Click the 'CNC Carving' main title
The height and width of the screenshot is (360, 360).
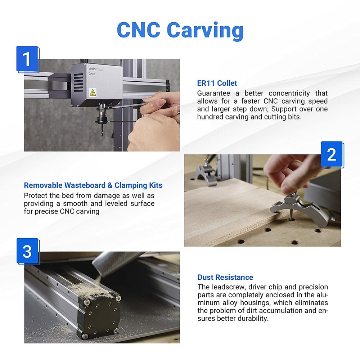tap(180, 30)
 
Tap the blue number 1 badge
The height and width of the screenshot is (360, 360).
tap(27, 59)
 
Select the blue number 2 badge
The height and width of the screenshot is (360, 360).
tap(332, 154)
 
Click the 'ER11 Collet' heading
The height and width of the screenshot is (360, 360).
tap(217, 83)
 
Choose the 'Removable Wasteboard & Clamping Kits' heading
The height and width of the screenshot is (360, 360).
tap(93, 185)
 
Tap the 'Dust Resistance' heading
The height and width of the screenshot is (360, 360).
tap(225, 277)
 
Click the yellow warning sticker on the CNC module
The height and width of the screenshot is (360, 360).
tap(92, 92)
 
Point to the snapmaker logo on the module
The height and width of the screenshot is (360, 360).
tap(96, 69)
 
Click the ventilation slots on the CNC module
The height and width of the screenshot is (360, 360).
tap(78, 83)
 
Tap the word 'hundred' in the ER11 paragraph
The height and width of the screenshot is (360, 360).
tap(210, 117)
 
